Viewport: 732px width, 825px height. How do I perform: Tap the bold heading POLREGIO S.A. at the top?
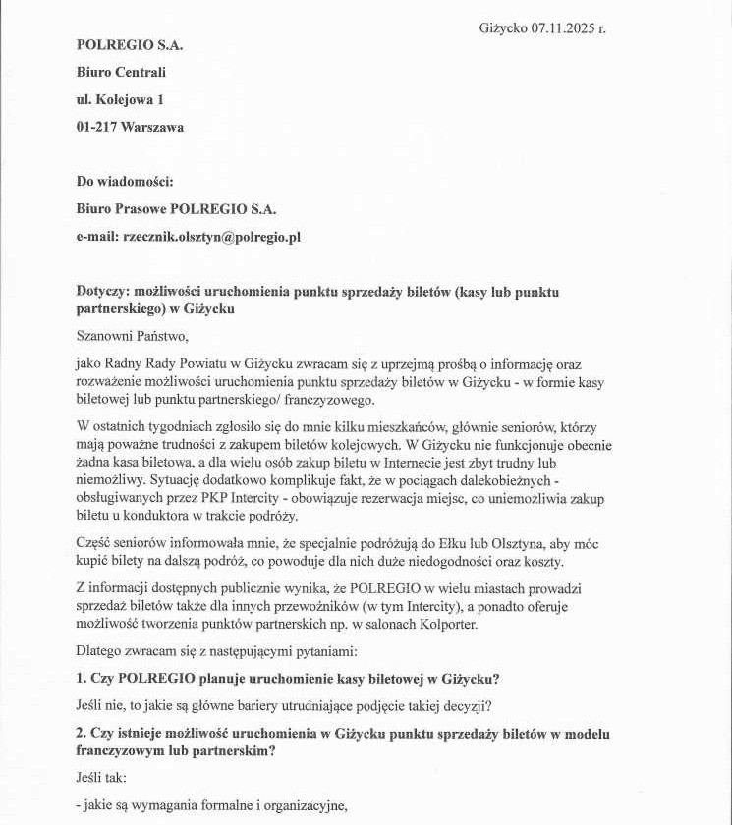(x=130, y=44)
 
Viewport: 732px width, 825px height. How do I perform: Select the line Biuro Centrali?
(x=121, y=72)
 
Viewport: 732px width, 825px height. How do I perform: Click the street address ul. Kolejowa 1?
(x=120, y=99)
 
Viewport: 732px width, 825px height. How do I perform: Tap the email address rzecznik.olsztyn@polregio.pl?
(x=211, y=237)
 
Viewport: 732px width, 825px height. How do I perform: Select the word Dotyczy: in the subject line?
(x=103, y=292)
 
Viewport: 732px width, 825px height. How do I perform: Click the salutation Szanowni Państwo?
(x=132, y=336)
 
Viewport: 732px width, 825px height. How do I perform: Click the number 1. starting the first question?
(x=82, y=678)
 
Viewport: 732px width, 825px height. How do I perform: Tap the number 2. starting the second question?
(x=82, y=734)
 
